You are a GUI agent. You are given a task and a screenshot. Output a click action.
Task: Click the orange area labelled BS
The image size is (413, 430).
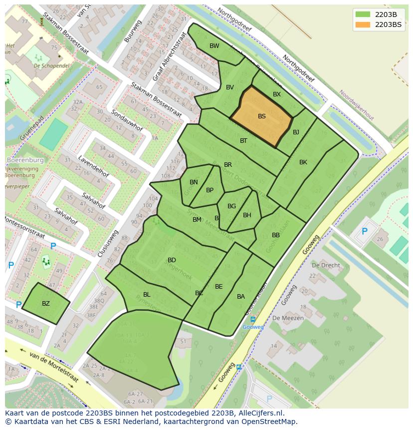pos(261,116)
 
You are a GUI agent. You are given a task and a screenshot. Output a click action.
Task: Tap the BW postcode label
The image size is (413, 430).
pos(214,46)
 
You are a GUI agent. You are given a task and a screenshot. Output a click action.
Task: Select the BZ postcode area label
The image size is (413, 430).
pos(46,304)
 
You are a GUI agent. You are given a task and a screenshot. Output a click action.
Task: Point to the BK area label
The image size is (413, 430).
pos(303,162)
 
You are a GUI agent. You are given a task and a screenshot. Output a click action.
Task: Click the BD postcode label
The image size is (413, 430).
pos(172,260)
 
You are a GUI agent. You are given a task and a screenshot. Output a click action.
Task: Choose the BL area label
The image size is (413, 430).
pos(147,295)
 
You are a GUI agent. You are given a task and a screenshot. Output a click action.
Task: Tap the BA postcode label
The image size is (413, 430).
pos(241,297)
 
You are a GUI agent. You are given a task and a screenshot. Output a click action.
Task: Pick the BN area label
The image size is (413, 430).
pos(194,182)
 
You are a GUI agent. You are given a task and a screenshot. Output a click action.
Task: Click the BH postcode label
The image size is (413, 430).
pos(247,215)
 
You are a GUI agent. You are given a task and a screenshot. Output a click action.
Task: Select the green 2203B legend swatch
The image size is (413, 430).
pos(363,14)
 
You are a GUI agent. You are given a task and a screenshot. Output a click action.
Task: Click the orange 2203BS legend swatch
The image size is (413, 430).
pos(363,24)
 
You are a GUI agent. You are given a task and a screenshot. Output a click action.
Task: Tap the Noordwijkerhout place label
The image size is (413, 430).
pos(356,105)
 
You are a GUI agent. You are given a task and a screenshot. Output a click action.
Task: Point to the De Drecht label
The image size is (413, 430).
pos(326,265)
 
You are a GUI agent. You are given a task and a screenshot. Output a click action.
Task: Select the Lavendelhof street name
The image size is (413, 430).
pos(93,166)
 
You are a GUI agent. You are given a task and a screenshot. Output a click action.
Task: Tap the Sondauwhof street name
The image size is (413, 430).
pos(126,121)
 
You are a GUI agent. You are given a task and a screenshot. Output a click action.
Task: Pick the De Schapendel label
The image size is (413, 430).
pos(52,65)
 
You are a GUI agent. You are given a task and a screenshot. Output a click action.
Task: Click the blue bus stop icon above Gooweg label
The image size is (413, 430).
pos(253,320)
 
